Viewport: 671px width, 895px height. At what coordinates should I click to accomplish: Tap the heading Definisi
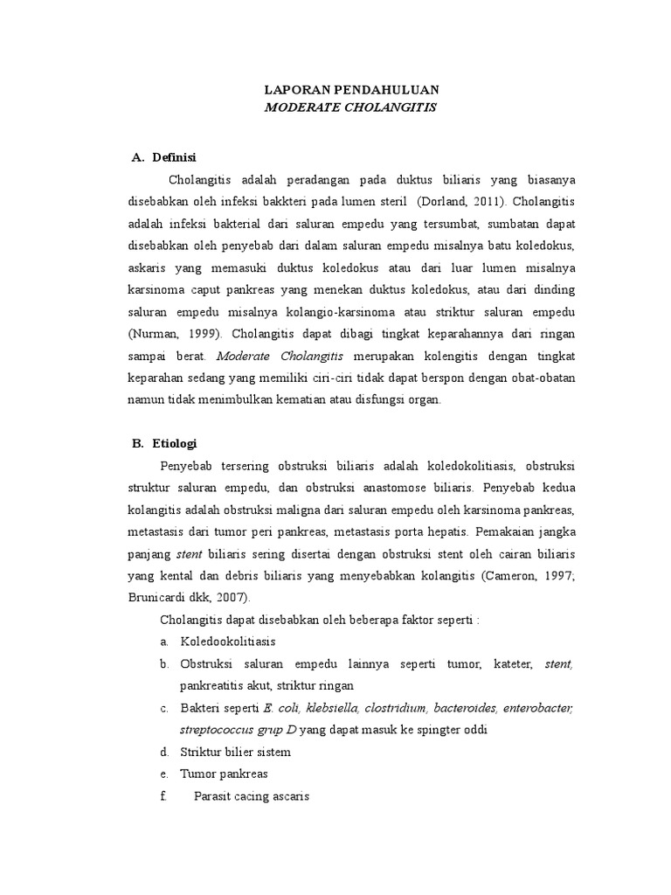[x=175, y=157]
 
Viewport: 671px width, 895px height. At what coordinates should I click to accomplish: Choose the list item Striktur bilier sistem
[x=235, y=752]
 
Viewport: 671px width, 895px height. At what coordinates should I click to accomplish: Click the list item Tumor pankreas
[x=224, y=774]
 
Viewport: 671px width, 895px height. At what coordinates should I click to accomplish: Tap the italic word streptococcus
[x=218, y=730]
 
